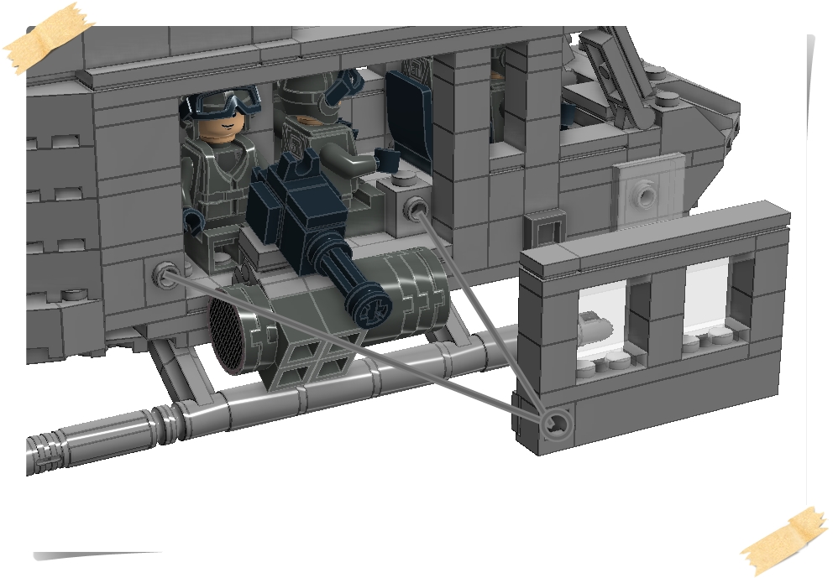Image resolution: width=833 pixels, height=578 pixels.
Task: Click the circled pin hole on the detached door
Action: (x=553, y=424)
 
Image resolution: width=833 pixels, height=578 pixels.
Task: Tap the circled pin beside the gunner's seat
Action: (x=415, y=206)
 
